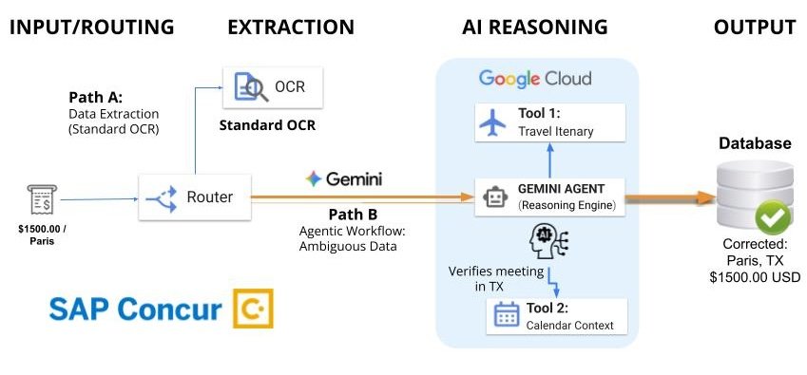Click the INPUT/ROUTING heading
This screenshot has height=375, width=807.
pos(92,27)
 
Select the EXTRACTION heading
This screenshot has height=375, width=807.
pos(291,27)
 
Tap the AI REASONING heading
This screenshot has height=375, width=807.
pos(535,27)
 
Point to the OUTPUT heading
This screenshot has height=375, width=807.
pos(754,27)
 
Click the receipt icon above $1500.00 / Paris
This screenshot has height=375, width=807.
pos(39,200)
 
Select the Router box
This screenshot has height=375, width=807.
pos(200,197)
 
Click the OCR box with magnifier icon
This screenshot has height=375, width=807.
pos(271,88)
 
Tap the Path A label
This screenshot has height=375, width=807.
pos(96,98)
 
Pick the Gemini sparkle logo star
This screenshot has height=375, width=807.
pos(312,178)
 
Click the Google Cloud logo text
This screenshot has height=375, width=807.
pos(534,78)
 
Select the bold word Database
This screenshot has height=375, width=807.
pos(755,143)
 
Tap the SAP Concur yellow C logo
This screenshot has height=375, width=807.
pos(253,309)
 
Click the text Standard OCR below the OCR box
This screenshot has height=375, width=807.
pos(267,125)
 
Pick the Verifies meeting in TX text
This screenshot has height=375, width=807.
pos(496,278)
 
